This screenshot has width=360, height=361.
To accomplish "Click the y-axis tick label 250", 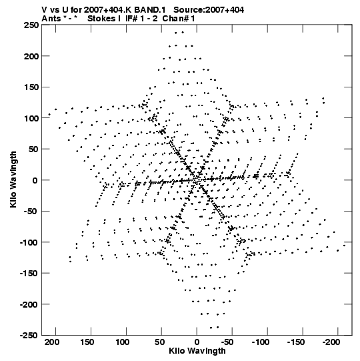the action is [31, 25].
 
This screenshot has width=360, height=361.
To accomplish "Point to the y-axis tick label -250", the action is [29, 336].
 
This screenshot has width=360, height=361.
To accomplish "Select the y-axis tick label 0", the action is [35, 180].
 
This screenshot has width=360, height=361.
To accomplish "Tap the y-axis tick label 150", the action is [31, 87].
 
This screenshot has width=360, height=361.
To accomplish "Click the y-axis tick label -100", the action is [29, 242].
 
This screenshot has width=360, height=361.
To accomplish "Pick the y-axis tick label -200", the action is [29, 304].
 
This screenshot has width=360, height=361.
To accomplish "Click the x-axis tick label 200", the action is [52, 342].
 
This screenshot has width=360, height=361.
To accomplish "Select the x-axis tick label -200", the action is [331, 342].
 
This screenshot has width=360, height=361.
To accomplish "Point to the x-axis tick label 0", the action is [197, 342].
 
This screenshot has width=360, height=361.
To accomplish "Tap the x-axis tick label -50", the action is [227, 342].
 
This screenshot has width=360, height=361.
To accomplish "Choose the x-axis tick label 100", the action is [122, 342].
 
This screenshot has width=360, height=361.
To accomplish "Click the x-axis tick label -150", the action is [296, 342].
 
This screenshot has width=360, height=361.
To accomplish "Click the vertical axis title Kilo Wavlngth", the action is [13, 179].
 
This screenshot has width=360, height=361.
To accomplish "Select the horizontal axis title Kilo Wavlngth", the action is [197, 351].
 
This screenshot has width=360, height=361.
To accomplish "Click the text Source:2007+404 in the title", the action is [209, 10].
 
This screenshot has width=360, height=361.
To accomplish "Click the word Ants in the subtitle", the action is [51, 19].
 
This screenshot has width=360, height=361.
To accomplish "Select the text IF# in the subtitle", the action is [131, 19].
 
